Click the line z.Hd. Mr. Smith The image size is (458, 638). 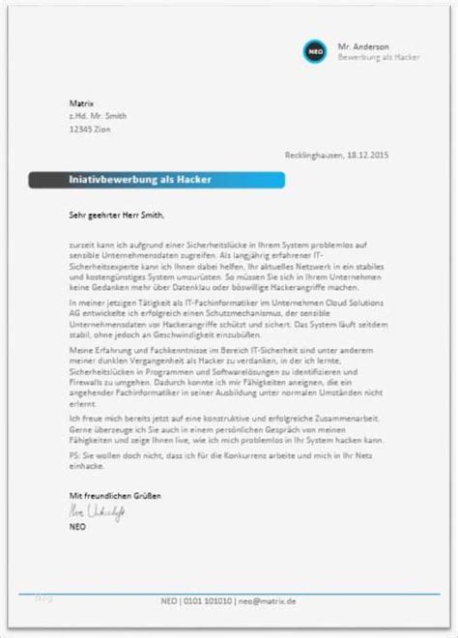coord(84,116)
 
